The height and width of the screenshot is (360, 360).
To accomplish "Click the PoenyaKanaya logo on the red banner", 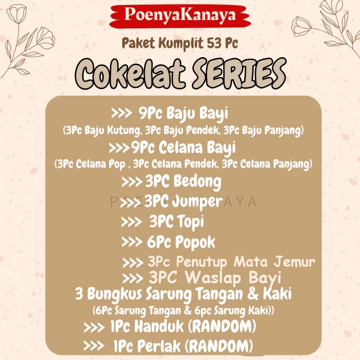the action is (180, 15).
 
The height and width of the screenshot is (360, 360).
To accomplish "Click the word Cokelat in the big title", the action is (130, 73).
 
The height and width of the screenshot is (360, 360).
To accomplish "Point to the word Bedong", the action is (197, 182).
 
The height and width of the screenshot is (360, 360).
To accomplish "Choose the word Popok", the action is (195, 243).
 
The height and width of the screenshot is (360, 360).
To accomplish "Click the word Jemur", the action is (295, 262).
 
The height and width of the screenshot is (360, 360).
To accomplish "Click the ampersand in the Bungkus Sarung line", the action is (253, 294).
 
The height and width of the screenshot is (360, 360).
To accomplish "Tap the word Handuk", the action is (159, 326).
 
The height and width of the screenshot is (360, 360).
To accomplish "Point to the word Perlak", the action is (159, 346).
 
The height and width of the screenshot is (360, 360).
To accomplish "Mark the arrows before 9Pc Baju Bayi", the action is (122, 113).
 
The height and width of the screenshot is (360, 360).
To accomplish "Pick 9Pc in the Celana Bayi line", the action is (143, 147).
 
